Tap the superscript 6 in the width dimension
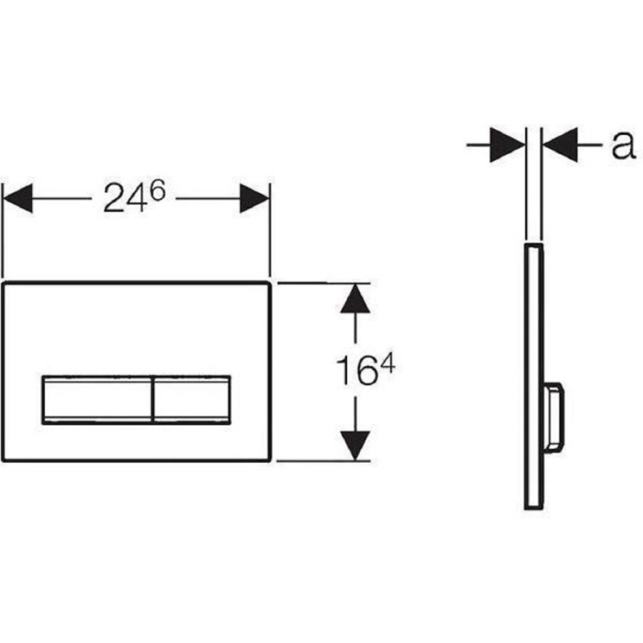pyautogui.click(x=157, y=190)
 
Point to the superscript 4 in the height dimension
pyautogui.click(x=387, y=364)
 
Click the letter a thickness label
pyautogui.click(x=623, y=145)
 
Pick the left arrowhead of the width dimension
pyautogui.click(x=18, y=199)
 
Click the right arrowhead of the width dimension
pyautogui.click(x=254, y=199)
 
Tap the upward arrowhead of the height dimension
pyautogui.click(x=355, y=299)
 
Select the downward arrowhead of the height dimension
pyautogui.click(x=355, y=445)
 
